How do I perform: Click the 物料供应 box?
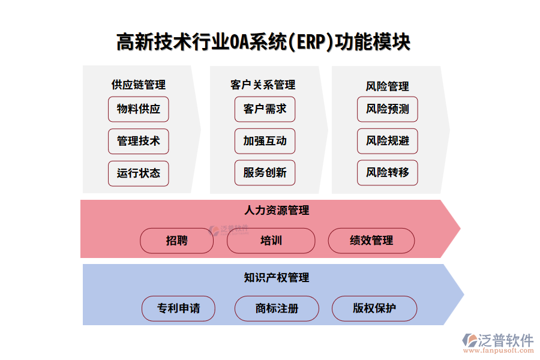tap(139, 109)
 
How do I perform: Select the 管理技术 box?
tap(139, 141)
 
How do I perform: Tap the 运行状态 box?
tap(139, 173)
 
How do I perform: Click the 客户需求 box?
tap(265, 109)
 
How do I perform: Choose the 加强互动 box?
tap(265, 141)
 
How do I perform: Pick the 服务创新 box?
tap(265, 173)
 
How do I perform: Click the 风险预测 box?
tap(388, 109)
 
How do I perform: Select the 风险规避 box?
tap(388, 141)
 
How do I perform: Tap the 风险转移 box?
tap(388, 173)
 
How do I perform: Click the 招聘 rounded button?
tap(177, 241)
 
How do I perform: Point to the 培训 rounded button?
tap(271, 241)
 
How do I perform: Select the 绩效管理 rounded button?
tap(371, 241)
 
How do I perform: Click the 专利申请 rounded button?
tap(178, 308)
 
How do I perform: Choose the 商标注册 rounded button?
tap(277, 308)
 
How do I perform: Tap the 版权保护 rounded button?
tap(374, 308)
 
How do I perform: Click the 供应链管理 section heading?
tap(139, 85)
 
